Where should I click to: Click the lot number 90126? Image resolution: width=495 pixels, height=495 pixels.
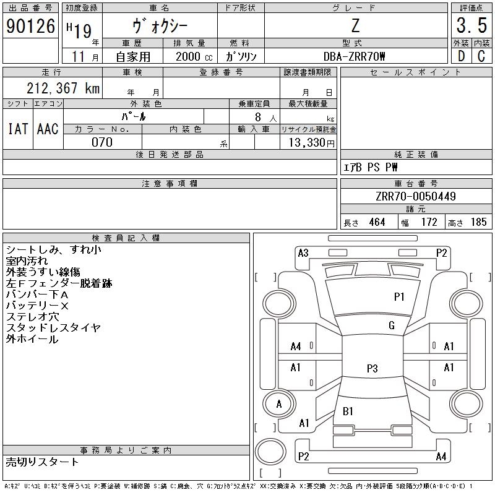[x=30, y=25]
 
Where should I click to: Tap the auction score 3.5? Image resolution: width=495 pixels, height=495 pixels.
[x=471, y=25]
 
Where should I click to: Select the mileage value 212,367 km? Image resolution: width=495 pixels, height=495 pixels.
[x=63, y=88]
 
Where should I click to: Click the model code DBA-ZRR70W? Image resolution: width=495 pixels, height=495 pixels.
[x=354, y=56]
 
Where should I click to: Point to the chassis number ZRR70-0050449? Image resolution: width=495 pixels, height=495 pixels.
[x=416, y=196]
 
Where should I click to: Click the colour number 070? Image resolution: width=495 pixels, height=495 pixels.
[x=102, y=142]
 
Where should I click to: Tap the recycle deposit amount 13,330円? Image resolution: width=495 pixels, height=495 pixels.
[x=311, y=142]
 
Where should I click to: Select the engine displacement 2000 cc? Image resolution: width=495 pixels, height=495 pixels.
[x=194, y=56]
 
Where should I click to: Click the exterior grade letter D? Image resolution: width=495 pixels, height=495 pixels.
[x=461, y=56]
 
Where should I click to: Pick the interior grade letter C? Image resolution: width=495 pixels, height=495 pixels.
[x=481, y=56]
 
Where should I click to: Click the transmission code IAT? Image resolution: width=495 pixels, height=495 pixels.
[x=18, y=129]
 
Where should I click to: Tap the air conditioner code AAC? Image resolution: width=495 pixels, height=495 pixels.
[x=48, y=129]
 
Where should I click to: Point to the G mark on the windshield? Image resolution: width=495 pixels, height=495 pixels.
[x=392, y=325]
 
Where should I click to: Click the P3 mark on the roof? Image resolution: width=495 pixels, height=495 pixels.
[x=372, y=368]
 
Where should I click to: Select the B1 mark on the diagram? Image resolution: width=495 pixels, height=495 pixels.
[x=348, y=411]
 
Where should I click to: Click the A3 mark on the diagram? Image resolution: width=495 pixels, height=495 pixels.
[x=303, y=252]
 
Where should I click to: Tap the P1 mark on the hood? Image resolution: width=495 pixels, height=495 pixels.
[x=399, y=296]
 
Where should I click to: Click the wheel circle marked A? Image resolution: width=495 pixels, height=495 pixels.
[x=279, y=404]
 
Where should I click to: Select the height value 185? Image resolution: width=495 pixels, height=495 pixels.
[x=478, y=222]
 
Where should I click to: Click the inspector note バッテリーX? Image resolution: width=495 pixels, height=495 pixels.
[x=37, y=306]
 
